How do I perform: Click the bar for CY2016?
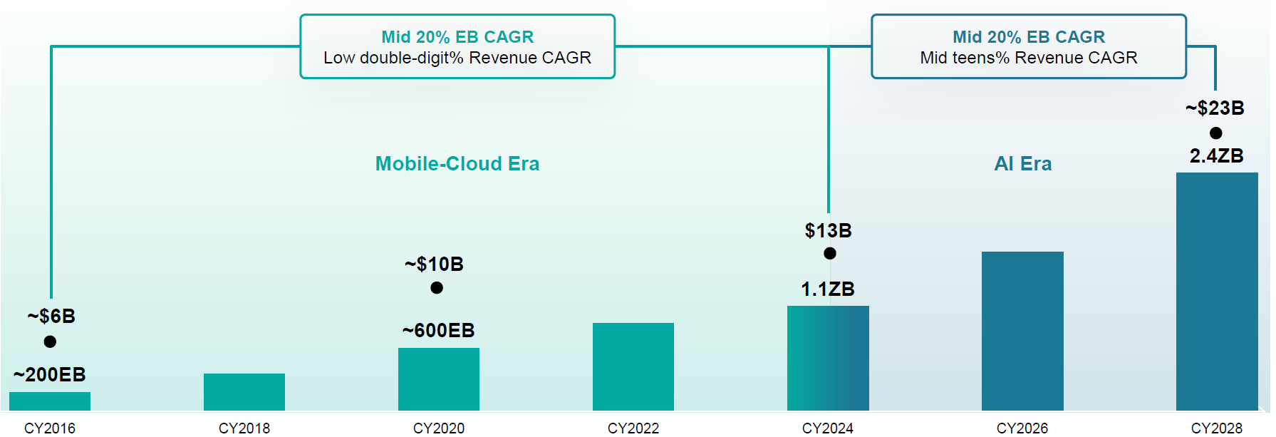coord(50,401)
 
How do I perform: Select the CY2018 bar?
coord(244,391)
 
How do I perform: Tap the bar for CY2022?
coord(633,366)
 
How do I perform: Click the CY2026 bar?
coord(1022,331)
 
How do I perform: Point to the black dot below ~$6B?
coord(50,341)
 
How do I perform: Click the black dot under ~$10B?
coord(437,287)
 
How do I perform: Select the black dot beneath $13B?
coord(830,253)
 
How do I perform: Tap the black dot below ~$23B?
coord(1216,133)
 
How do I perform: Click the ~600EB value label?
coord(438,330)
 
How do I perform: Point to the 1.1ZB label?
coord(828,289)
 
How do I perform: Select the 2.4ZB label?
coord(1217,155)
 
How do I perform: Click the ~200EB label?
coord(50,374)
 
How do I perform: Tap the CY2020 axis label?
coord(439,428)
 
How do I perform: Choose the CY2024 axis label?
coord(828,428)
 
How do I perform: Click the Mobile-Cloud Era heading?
coord(457,163)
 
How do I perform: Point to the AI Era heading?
coord(1023,163)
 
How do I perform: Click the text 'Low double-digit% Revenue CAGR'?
coord(457,58)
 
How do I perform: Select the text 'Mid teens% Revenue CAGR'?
coord(1029,58)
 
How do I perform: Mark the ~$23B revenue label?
coord(1215,108)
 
